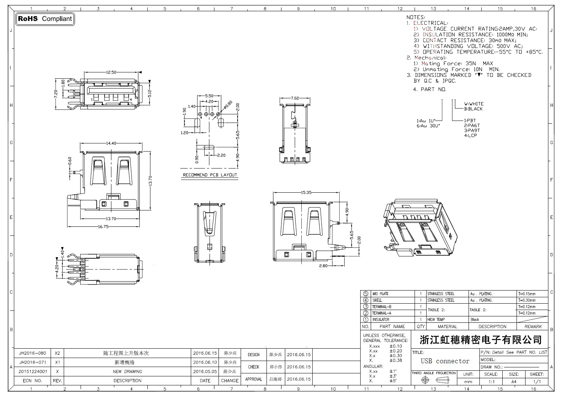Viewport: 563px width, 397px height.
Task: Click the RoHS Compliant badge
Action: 45,19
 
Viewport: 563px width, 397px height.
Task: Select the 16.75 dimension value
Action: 103,226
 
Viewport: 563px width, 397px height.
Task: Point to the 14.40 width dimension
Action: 111,143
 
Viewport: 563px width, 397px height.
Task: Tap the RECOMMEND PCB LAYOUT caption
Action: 210,175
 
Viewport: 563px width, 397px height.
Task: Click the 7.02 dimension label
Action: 295,98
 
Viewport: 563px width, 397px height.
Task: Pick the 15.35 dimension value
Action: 306,193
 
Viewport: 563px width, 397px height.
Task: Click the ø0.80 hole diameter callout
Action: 228,105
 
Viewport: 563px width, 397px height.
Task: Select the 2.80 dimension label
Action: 323,266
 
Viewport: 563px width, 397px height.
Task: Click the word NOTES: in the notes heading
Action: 416,17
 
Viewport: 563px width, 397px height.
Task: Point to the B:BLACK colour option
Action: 473,109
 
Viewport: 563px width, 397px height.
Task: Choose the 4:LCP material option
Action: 471,135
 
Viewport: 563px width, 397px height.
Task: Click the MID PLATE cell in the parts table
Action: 381,294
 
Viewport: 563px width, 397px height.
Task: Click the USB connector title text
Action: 445,361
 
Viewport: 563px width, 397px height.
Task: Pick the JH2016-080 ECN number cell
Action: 32,353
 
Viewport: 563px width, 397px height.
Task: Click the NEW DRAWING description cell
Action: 127,372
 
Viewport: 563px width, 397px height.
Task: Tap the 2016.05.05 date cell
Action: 205,372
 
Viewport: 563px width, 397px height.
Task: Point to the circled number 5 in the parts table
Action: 366,294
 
